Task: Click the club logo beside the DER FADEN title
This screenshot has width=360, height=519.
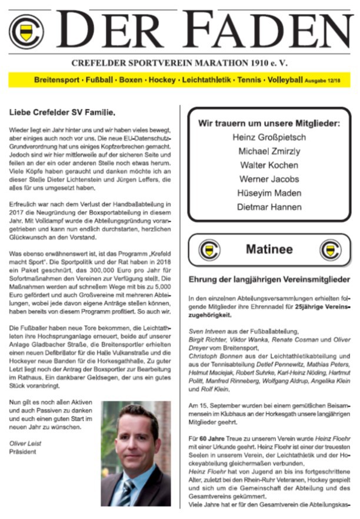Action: pos(26,31)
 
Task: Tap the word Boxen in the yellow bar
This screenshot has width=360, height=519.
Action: pos(129,79)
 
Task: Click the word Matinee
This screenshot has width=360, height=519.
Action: pos(269,249)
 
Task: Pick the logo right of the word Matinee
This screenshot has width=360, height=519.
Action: pos(329,250)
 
